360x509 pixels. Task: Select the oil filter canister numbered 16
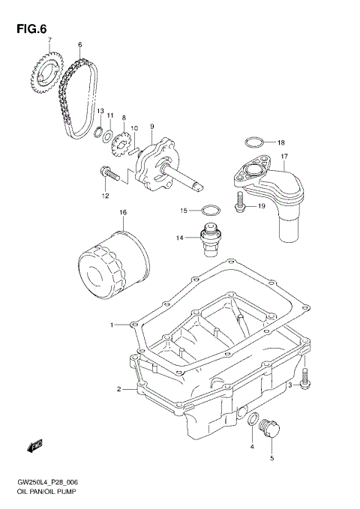pos(113,259)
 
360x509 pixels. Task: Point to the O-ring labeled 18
pos(253,141)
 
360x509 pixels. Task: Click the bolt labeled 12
pos(107,173)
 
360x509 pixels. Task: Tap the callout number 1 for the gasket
pos(112,325)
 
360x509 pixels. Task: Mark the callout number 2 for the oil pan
pos(118,389)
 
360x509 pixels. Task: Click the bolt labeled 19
pos(239,202)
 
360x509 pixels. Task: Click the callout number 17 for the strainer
pos(285,157)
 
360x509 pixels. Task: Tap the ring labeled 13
pos(98,134)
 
